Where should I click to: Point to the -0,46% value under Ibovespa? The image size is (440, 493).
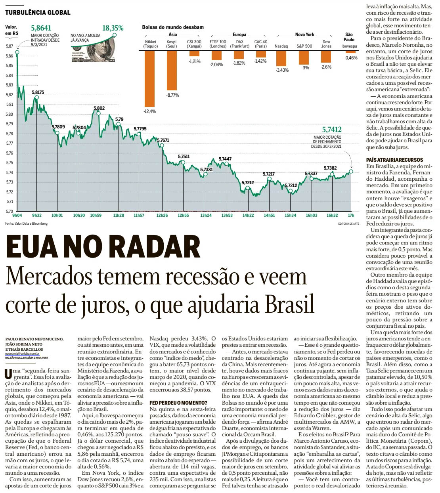pyautogui.click(x=350, y=58)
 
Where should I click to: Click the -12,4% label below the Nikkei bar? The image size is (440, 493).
pyautogui.click(x=150, y=111)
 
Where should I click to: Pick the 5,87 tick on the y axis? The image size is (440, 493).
pyautogui.click(x=10, y=46)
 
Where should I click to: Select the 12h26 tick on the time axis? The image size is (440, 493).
pyautogui.click(x=162, y=216)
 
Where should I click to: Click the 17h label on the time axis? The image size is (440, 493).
pyautogui.click(x=351, y=216)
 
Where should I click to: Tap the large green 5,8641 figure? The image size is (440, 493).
pyautogui.click(x=41, y=28)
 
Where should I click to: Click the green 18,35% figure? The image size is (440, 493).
pyautogui.click(x=113, y=28)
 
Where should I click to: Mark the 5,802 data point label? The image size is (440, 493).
pyautogui.click(x=99, y=108)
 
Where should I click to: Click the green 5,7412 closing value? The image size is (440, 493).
pyautogui.click(x=331, y=130)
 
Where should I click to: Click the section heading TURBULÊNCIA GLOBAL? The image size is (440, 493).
pyautogui.click(x=38, y=12)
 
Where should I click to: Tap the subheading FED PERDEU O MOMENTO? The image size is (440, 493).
pyautogui.click(x=178, y=403)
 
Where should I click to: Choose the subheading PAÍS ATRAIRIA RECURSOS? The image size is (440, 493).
pyautogui.click(x=394, y=160)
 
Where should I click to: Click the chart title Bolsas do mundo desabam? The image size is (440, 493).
pyautogui.click(x=173, y=27)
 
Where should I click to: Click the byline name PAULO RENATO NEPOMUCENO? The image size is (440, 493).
pyautogui.click(x=34, y=339)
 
